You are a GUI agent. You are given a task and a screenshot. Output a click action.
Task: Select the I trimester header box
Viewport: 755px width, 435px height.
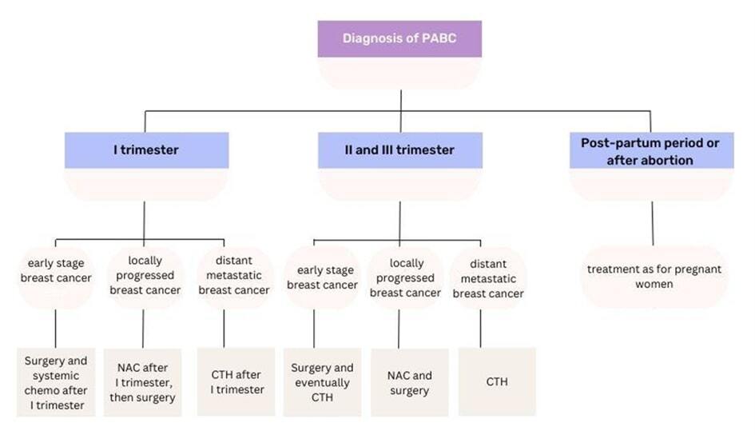[x=146, y=150]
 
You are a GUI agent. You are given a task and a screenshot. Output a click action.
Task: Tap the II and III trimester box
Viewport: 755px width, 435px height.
[x=400, y=150]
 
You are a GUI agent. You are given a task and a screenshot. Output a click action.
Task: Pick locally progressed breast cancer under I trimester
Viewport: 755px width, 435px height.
[x=145, y=276]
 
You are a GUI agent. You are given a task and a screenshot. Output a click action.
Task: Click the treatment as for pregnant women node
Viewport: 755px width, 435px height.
[x=654, y=277]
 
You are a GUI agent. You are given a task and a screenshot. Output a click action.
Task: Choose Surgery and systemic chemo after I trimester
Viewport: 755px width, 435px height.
[x=55, y=383]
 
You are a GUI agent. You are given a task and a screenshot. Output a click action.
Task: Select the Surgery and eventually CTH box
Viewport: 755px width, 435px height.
[x=322, y=382]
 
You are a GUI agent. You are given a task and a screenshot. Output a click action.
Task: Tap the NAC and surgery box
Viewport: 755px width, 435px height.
[x=411, y=382]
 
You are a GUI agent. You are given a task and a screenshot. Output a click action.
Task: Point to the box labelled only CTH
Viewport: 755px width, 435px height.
[x=497, y=382]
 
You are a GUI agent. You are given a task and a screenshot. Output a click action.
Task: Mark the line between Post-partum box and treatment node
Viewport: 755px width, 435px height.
[x=652, y=224]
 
